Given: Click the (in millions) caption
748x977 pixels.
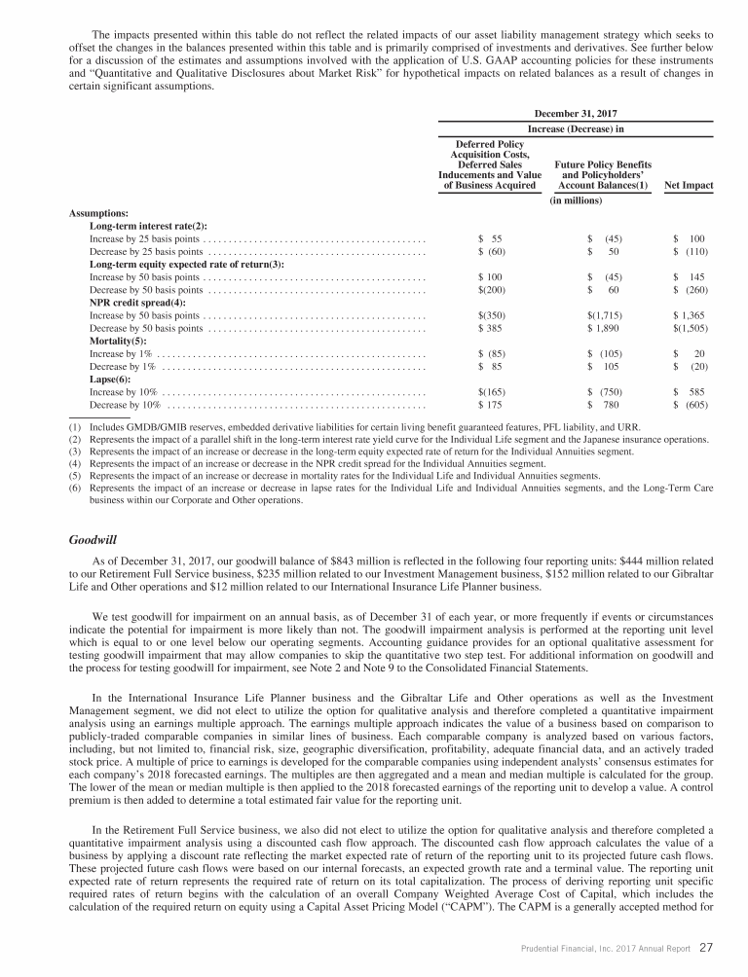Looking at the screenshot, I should point(577,201).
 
